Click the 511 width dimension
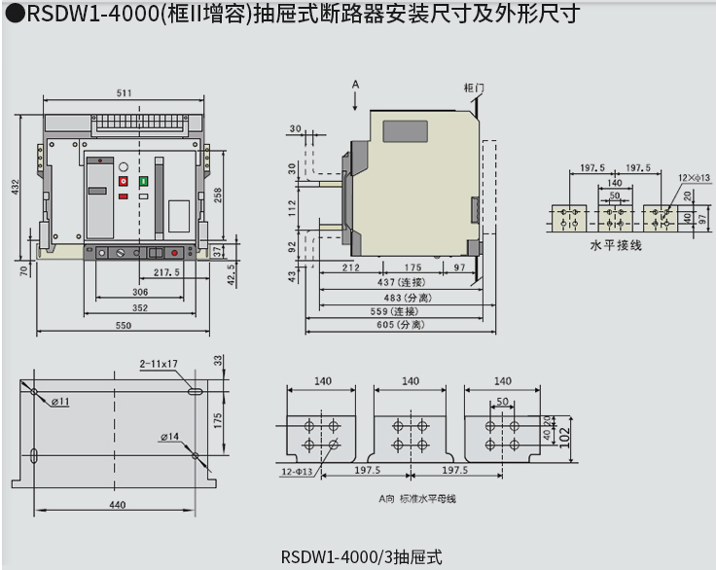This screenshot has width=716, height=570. pos(125,93)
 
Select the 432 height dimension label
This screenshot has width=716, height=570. pos(15,187)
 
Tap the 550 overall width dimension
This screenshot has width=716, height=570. pos(124,326)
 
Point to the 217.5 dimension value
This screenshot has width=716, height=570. pos(166,272)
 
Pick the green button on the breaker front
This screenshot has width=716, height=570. pos(143,181)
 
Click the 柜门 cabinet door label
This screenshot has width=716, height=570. pos(474,89)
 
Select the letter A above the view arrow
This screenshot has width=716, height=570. pos(356,85)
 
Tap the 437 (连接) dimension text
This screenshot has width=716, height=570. pos(399,282)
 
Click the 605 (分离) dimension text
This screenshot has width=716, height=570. pos(399,325)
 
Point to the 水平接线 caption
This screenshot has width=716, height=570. pos(616,246)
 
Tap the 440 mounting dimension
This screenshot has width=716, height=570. pos(118,505)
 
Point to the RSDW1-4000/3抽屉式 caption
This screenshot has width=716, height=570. pos(361,557)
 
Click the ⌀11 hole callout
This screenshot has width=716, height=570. pos(60,401)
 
